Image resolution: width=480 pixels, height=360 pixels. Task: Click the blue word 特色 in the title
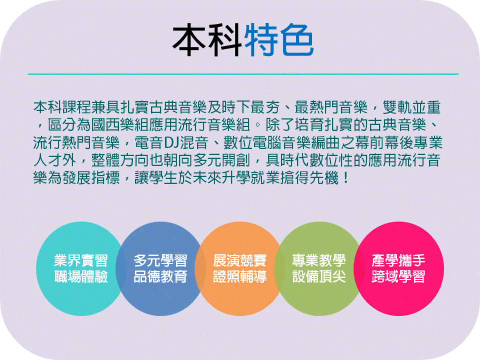point(279,40)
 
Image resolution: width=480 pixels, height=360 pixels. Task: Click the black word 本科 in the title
point(208,40)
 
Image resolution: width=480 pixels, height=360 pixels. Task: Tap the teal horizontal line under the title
point(243,74)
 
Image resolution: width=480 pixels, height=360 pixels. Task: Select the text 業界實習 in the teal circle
point(81,260)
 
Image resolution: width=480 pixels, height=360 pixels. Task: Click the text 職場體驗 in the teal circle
point(81,276)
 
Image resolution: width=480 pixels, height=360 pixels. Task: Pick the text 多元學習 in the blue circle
point(160,260)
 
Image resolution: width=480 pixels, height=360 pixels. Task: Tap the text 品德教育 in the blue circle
point(160,276)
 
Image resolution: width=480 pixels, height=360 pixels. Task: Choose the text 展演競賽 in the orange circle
point(239,260)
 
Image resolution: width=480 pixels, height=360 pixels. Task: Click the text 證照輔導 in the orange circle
point(239,276)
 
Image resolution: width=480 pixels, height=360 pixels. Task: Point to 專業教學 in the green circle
point(319,260)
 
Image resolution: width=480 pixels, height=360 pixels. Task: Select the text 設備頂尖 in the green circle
point(319,276)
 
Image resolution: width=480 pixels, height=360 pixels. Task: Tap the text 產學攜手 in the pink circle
point(398,260)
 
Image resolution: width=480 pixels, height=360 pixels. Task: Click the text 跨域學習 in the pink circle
point(398,276)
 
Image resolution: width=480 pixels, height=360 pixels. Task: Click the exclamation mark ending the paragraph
point(346,178)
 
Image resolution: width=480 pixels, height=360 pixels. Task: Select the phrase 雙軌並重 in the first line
point(411,107)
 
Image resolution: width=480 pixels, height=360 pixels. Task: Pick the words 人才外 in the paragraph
point(55,160)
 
